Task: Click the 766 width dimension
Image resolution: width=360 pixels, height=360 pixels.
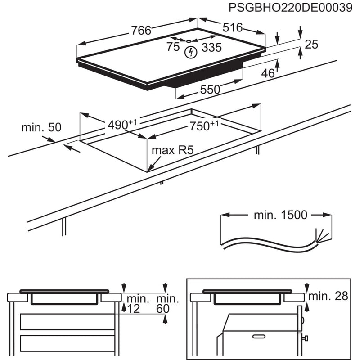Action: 141,30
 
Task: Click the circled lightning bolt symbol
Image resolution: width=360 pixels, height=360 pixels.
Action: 191,53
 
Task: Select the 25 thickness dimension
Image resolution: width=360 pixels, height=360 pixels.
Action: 311,44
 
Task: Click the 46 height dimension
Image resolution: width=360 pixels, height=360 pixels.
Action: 268,73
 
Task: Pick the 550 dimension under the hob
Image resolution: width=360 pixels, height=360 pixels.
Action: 210,90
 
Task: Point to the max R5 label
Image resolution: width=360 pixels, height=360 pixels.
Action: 172,150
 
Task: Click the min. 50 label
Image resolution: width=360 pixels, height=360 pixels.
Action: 41,127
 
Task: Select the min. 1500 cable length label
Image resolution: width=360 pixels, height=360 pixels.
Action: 280,215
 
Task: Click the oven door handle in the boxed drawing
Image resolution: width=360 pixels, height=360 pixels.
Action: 263,336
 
